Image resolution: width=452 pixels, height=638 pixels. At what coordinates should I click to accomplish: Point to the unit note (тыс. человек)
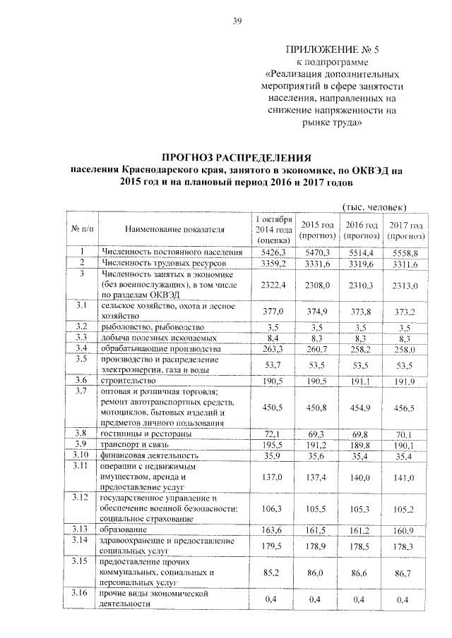click(374, 207)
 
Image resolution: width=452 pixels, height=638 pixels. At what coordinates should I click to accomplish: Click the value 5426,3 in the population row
click(273, 252)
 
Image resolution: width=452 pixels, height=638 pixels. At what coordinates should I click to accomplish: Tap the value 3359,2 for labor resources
click(273, 263)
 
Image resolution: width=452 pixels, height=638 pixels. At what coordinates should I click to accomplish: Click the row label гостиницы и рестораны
click(145, 433)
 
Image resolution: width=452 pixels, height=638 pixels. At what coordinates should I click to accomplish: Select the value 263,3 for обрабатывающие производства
click(273, 349)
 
